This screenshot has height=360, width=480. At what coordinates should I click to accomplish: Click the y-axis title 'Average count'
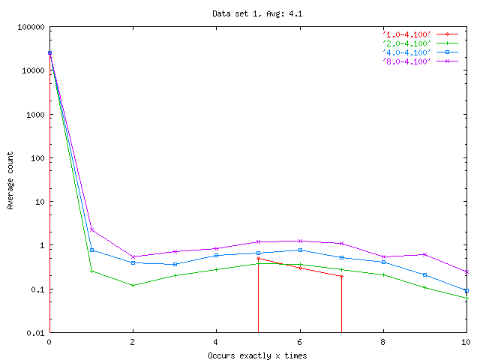tap(10, 180)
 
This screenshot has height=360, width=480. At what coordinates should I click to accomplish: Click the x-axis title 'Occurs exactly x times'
tap(257, 355)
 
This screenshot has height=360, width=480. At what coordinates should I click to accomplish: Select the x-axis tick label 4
tap(216, 343)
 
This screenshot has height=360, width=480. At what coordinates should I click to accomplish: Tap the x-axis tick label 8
tap(382, 343)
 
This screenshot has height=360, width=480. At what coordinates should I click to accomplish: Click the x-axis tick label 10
tap(465, 343)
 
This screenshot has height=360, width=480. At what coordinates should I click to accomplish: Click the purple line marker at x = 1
tap(91, 229)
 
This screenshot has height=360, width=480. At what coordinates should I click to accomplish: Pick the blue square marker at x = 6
tap(300, 250)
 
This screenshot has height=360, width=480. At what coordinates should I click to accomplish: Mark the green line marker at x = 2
tap(133, 285)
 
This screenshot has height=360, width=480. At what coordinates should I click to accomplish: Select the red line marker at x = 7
tap(341, 276)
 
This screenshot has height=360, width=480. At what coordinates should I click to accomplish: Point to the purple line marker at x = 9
tap(424, 254)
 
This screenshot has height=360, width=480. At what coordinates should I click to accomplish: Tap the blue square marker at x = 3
tap(175, 264)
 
